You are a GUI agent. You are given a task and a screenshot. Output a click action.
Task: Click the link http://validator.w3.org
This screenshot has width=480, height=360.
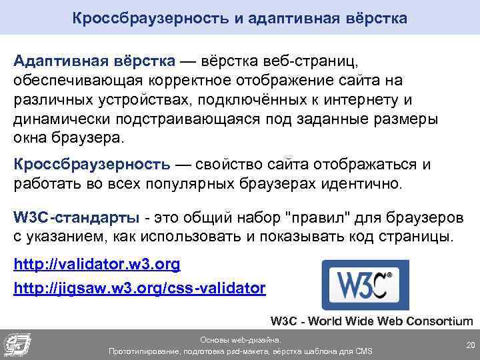click(97, 265)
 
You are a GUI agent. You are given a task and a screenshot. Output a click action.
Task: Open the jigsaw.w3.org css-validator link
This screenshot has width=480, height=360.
click(139, 289)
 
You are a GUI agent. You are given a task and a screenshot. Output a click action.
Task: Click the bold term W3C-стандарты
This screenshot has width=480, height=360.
click(77, 218)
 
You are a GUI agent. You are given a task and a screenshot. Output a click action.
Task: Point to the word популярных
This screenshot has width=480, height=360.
click(219, 183)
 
